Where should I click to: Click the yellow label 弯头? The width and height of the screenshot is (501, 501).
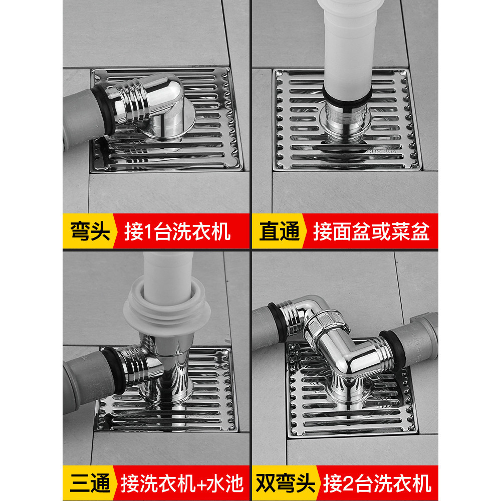pyautogui.click(x=90, y=230)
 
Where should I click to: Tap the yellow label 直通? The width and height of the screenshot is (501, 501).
pyautogui.click(x=279, y=230)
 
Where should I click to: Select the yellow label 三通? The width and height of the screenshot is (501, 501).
pyautogui.click(x=90, y=483)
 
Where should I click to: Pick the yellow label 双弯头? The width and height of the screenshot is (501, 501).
pyautogui.click(x=286, y=483)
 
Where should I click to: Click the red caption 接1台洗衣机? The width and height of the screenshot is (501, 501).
pyautogui.click(x=177, y=231)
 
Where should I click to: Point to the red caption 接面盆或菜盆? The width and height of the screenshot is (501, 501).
pyautogui.click(x=371, y=231)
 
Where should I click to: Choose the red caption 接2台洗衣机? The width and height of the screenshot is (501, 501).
pyautogui.click(x=377, y=483)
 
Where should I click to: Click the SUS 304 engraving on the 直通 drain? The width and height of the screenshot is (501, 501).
pyautogui.click(x=381, y=151)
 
